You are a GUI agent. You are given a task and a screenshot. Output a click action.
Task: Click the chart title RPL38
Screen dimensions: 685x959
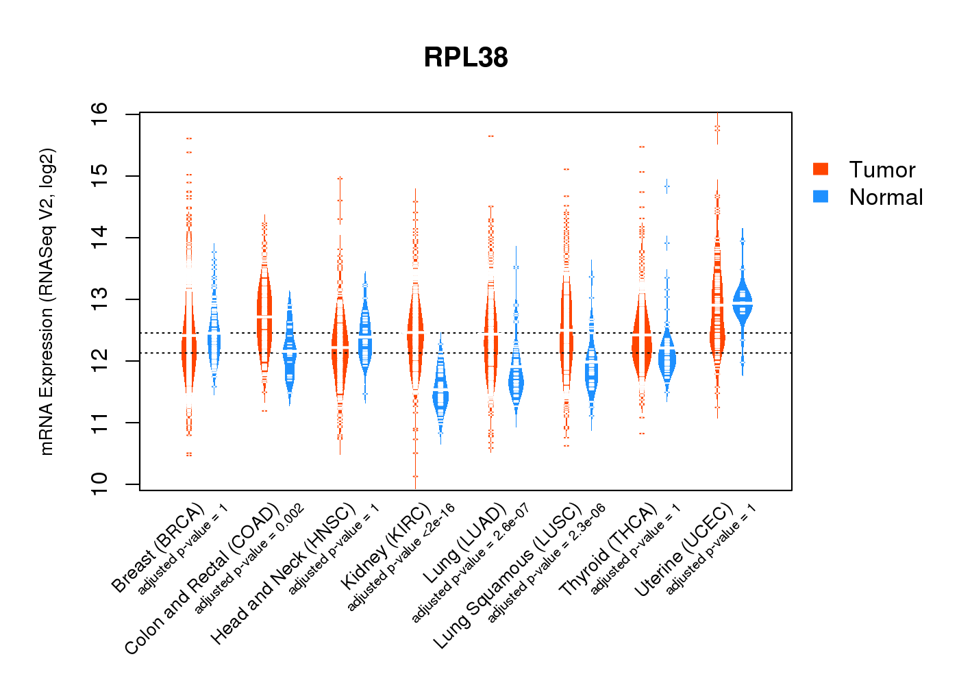point(466,58)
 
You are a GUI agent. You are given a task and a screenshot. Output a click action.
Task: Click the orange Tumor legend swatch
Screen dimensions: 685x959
point(821,169)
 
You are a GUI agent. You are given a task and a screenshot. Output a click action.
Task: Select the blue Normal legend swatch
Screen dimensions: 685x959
point(821,197)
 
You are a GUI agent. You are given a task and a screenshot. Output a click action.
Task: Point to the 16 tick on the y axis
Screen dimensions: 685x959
point(99,110)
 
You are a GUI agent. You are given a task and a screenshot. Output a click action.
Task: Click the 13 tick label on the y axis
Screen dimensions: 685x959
point(99,297)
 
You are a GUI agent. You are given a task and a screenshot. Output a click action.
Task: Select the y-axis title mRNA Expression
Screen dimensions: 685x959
point(47,301)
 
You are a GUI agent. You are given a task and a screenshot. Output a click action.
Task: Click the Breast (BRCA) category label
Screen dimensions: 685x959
point(158,548)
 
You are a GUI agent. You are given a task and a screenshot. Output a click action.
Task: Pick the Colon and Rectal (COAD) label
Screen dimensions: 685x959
point(202,579)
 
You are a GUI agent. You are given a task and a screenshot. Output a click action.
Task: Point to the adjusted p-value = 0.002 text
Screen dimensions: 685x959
point(249,559)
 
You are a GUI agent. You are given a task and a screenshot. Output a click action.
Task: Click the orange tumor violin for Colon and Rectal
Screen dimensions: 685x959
point(264,315)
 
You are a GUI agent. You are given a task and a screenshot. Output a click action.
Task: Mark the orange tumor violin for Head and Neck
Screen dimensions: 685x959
point(340,342)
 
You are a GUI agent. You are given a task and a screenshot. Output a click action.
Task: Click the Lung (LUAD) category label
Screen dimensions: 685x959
point(464,545)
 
